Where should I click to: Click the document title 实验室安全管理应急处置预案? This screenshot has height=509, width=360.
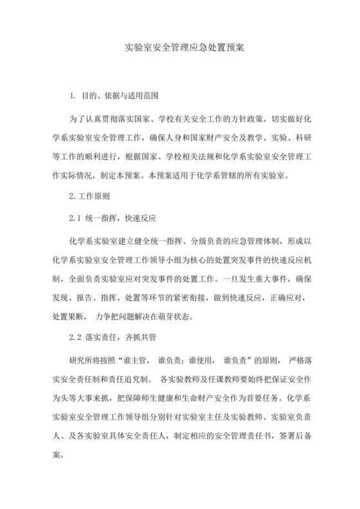click(180, 48)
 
